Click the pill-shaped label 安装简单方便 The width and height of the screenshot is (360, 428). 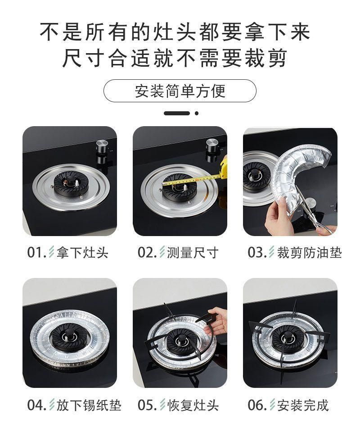coord(180,91)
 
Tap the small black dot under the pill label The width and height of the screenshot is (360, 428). coord(197,113)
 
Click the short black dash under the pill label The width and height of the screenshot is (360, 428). coord(177,113)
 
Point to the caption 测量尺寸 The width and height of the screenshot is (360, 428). coord(193,252)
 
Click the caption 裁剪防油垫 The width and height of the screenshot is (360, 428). coord(310,252)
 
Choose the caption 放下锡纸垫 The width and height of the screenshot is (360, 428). coord(89,405)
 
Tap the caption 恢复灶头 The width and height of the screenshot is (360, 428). coord(193,405)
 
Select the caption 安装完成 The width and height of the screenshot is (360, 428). coord(303,405)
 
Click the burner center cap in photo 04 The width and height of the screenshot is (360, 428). coord(70,334)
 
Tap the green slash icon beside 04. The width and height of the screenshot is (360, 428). coord(52,405)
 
